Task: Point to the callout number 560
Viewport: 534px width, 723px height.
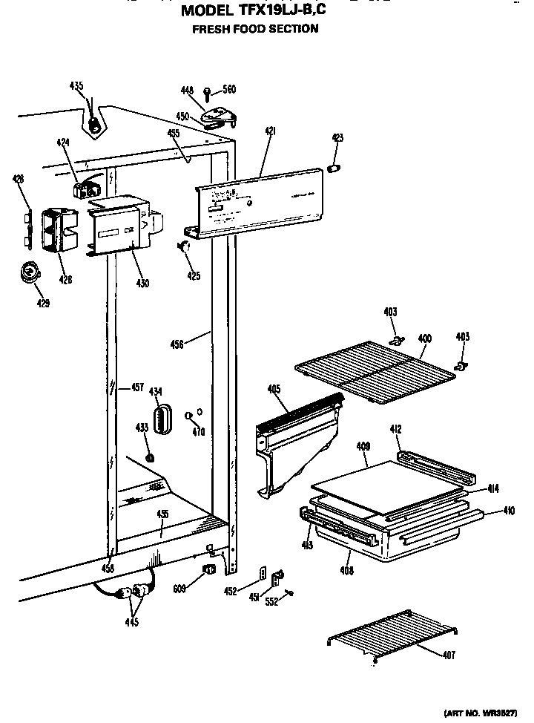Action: [x=229, y=90]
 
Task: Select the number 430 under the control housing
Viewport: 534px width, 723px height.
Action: [x=142, y=282]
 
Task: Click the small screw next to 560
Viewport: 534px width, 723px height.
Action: [x=208, y=93]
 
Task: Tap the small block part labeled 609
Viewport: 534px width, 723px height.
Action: [x=208, y=569]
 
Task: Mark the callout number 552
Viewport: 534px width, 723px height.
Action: [x=272, y=602]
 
